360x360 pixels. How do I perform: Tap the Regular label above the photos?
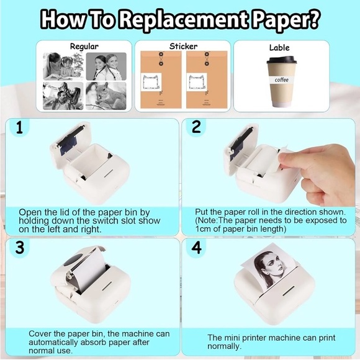[x=84, y=47]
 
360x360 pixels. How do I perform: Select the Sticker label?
[x=183, y=46]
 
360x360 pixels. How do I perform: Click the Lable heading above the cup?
[x=279, y=47]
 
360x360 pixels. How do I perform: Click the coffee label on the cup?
[x=282, y=79]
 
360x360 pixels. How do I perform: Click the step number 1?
[x=20, y=128]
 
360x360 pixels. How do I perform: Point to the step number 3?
[x=20, y=248]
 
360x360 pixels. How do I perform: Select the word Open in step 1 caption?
[x=29, y=212]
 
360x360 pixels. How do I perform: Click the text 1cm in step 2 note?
[x=204, y=229]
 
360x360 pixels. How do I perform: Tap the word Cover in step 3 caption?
[x=42, y=333]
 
